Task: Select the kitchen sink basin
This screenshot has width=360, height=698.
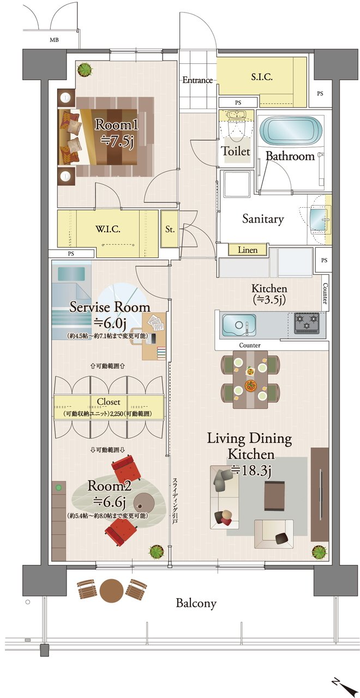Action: pyautogui.click(x=238, y=324)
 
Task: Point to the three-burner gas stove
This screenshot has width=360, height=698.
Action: pyautogui.click(x=307, y=321)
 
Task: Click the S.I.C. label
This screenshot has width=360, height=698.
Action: pyautogui.click(x=261, y=77)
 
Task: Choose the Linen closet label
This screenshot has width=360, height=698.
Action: pyautogui.click(x=248, y=250)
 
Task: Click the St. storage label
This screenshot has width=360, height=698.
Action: pyautogui.click(x=170, y=230)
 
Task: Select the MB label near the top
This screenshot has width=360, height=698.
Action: pyautogui.click(x=54, y=40)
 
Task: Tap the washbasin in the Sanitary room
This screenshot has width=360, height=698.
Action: pyautogui.click(x=319, y=219)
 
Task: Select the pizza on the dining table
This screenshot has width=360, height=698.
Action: pyautogui.click(x=250, y=385)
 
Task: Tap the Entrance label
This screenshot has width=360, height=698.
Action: pyautogui.click(x=197, y=80)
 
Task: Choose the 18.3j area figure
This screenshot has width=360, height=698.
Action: pyautogui.click(x=251, y=470)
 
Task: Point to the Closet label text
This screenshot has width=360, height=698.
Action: pyautogui.click(x=108, y=402)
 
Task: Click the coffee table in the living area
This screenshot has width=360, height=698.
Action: pyautogui.click(x=274, y=491)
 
